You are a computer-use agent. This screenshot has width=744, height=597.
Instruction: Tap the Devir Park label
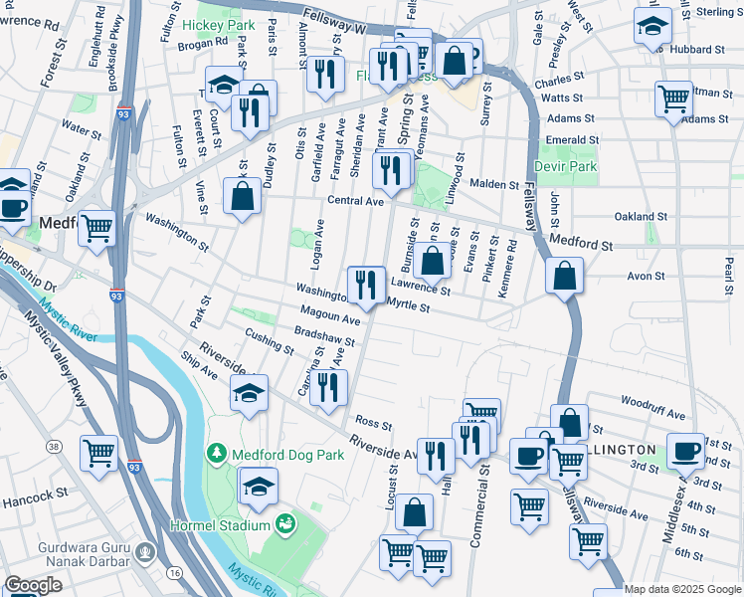click(x=566, y=166)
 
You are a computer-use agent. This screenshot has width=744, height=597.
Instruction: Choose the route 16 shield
click(x=175, y=573)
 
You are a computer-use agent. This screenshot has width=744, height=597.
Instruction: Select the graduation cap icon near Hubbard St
click(x=653, y=28)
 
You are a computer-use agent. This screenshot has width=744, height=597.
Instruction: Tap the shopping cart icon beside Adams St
click(x=673, y=99)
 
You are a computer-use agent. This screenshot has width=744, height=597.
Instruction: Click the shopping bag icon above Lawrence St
click(x=433, y=262)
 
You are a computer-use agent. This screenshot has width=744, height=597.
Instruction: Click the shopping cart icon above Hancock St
click(x=99, y=454)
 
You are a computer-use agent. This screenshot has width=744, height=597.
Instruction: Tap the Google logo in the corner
click(x=32, y=585)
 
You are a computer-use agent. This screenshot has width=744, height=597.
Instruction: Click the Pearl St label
click(x=729, y=268)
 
